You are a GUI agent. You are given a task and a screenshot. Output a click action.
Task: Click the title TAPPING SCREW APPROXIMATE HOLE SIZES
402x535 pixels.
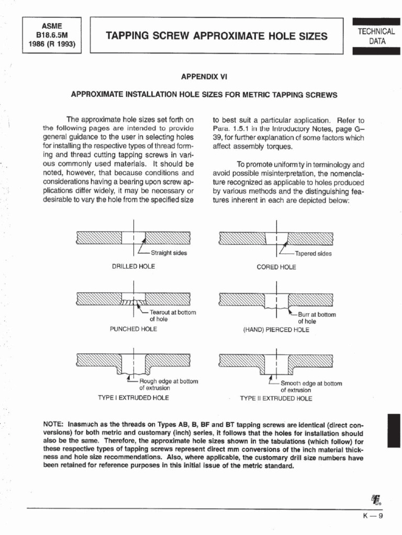216,36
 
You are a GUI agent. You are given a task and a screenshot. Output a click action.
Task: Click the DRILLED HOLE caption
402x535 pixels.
133,266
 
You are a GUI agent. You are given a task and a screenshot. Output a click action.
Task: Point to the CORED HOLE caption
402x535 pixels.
276,267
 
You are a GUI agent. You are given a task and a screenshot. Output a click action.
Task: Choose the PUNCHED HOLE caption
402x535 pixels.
133,330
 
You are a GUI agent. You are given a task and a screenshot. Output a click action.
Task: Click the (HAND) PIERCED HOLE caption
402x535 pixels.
276,330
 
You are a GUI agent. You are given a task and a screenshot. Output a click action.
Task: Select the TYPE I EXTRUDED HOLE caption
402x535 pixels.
133,398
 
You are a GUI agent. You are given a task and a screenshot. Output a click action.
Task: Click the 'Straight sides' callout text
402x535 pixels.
169,253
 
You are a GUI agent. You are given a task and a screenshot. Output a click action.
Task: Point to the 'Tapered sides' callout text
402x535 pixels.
314,254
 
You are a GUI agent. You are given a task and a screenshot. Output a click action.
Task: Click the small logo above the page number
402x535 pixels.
375,500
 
